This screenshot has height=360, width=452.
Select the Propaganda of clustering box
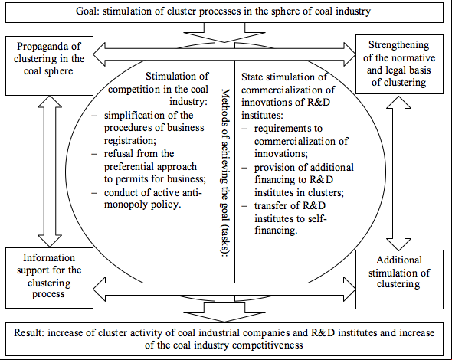coord(49,66)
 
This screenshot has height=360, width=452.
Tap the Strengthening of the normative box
coord(399,64)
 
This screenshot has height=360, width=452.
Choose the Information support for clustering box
coord(49,278)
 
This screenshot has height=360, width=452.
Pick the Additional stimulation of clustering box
coord(399,280)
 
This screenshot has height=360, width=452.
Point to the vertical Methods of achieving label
coord(224,172)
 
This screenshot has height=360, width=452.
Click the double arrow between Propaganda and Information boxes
coord(50,172)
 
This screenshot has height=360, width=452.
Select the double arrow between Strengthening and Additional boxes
coord(398,173)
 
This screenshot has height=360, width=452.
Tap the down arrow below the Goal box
coord(224,33)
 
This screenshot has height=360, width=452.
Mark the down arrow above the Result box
coord(224,312)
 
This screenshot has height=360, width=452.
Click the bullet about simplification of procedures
coord(148,128)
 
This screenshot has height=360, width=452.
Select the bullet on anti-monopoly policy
coord(147,198)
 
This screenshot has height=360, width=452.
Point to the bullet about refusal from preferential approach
coord(149,166)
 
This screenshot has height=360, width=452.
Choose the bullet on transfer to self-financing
coord(284,218)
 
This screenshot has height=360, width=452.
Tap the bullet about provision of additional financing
coord(298,180)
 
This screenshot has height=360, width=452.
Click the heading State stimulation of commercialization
coord(288,96)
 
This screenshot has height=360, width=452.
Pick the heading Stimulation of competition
coord(159,89)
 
